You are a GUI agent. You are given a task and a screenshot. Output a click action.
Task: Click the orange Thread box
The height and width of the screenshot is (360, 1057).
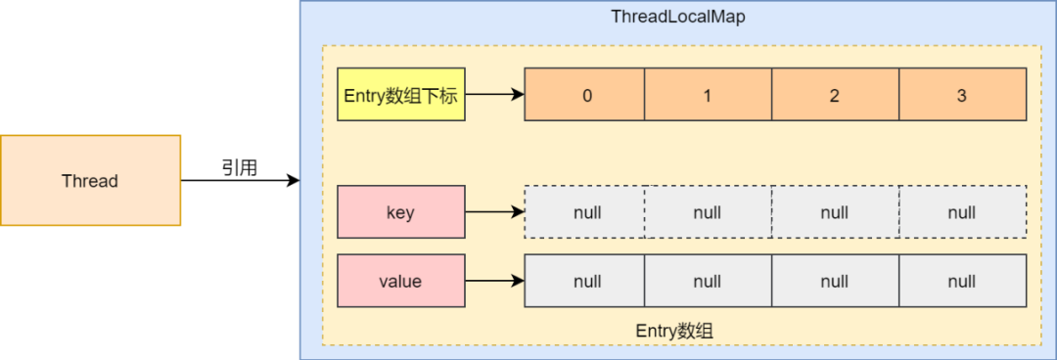pos(90,181)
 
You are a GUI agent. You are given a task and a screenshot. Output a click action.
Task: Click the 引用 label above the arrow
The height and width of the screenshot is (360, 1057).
pos(239,168)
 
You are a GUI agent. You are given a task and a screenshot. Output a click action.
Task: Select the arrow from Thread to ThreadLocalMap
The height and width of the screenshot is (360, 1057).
pos(239,181)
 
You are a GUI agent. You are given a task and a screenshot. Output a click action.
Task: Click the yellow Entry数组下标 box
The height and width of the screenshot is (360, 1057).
pos(400,95)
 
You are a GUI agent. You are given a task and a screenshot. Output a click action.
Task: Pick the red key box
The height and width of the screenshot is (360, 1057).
pos(400,212)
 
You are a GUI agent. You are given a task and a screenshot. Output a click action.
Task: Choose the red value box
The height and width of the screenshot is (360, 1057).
pos(400,282)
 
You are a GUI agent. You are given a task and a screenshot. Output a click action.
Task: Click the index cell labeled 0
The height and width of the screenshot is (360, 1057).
pos(585,95)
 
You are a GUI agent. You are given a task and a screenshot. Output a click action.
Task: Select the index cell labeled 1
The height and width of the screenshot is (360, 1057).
pos(708,95)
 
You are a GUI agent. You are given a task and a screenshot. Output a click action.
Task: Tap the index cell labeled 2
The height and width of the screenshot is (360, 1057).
pos(835,95)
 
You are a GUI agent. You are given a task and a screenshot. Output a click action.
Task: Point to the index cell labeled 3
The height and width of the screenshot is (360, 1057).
pos(962,95)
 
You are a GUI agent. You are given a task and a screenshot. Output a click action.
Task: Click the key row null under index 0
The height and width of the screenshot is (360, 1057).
pos(585,212)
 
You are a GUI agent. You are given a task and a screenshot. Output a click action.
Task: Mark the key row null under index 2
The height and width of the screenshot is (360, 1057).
pos(835,212)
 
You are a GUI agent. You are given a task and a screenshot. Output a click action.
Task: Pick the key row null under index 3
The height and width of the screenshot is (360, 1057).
pos(962,212)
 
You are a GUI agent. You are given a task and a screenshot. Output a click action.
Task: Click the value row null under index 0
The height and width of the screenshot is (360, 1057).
pos(585,282)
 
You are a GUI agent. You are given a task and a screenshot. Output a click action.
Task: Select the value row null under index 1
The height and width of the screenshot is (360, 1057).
pos(708,282)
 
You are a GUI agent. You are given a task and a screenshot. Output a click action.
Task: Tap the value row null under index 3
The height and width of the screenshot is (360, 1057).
pos(962,282)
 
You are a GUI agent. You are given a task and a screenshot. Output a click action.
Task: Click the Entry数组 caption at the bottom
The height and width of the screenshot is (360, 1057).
pos(674,331)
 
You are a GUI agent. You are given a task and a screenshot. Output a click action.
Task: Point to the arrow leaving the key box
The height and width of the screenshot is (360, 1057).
pos(494,212)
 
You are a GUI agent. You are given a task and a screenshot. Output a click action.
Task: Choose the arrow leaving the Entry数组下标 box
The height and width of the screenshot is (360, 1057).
pos(494,95)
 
